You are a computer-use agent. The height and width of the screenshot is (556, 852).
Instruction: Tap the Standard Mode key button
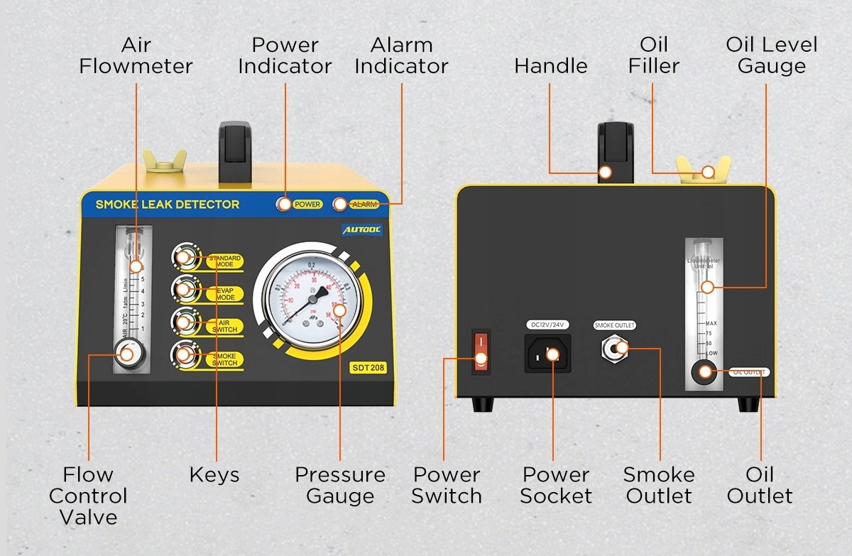tap(184, 258)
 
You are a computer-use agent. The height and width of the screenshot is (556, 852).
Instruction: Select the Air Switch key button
tap(184, 322)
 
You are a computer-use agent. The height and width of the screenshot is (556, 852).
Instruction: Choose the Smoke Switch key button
tap(184, 354)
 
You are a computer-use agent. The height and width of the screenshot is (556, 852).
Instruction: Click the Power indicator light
tap(284, 204)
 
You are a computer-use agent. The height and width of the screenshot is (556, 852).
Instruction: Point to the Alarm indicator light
tap(340, 204)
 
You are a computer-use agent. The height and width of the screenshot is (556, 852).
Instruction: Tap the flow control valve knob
tap(128, 354)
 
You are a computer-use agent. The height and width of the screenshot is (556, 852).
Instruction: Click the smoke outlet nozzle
tap(615, 349)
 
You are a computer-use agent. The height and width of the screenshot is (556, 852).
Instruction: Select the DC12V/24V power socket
tap(547, 353)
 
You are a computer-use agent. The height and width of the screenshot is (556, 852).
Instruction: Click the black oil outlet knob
tap(705, 371)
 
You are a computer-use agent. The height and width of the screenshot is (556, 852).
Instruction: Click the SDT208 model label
tap(368, 368)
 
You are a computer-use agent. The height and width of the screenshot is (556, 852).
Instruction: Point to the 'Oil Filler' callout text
tap(654, 55)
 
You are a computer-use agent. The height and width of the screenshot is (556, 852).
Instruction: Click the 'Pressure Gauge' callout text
tap(340, 485)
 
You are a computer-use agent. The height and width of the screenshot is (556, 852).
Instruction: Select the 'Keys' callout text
tap(214, 474)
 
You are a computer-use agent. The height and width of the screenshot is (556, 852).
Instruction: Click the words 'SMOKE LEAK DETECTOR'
tap(168, 205)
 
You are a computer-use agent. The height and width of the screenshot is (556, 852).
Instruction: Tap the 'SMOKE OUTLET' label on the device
tap(615, 325)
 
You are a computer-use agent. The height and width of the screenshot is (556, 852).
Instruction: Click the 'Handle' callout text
tap(551, 66)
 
